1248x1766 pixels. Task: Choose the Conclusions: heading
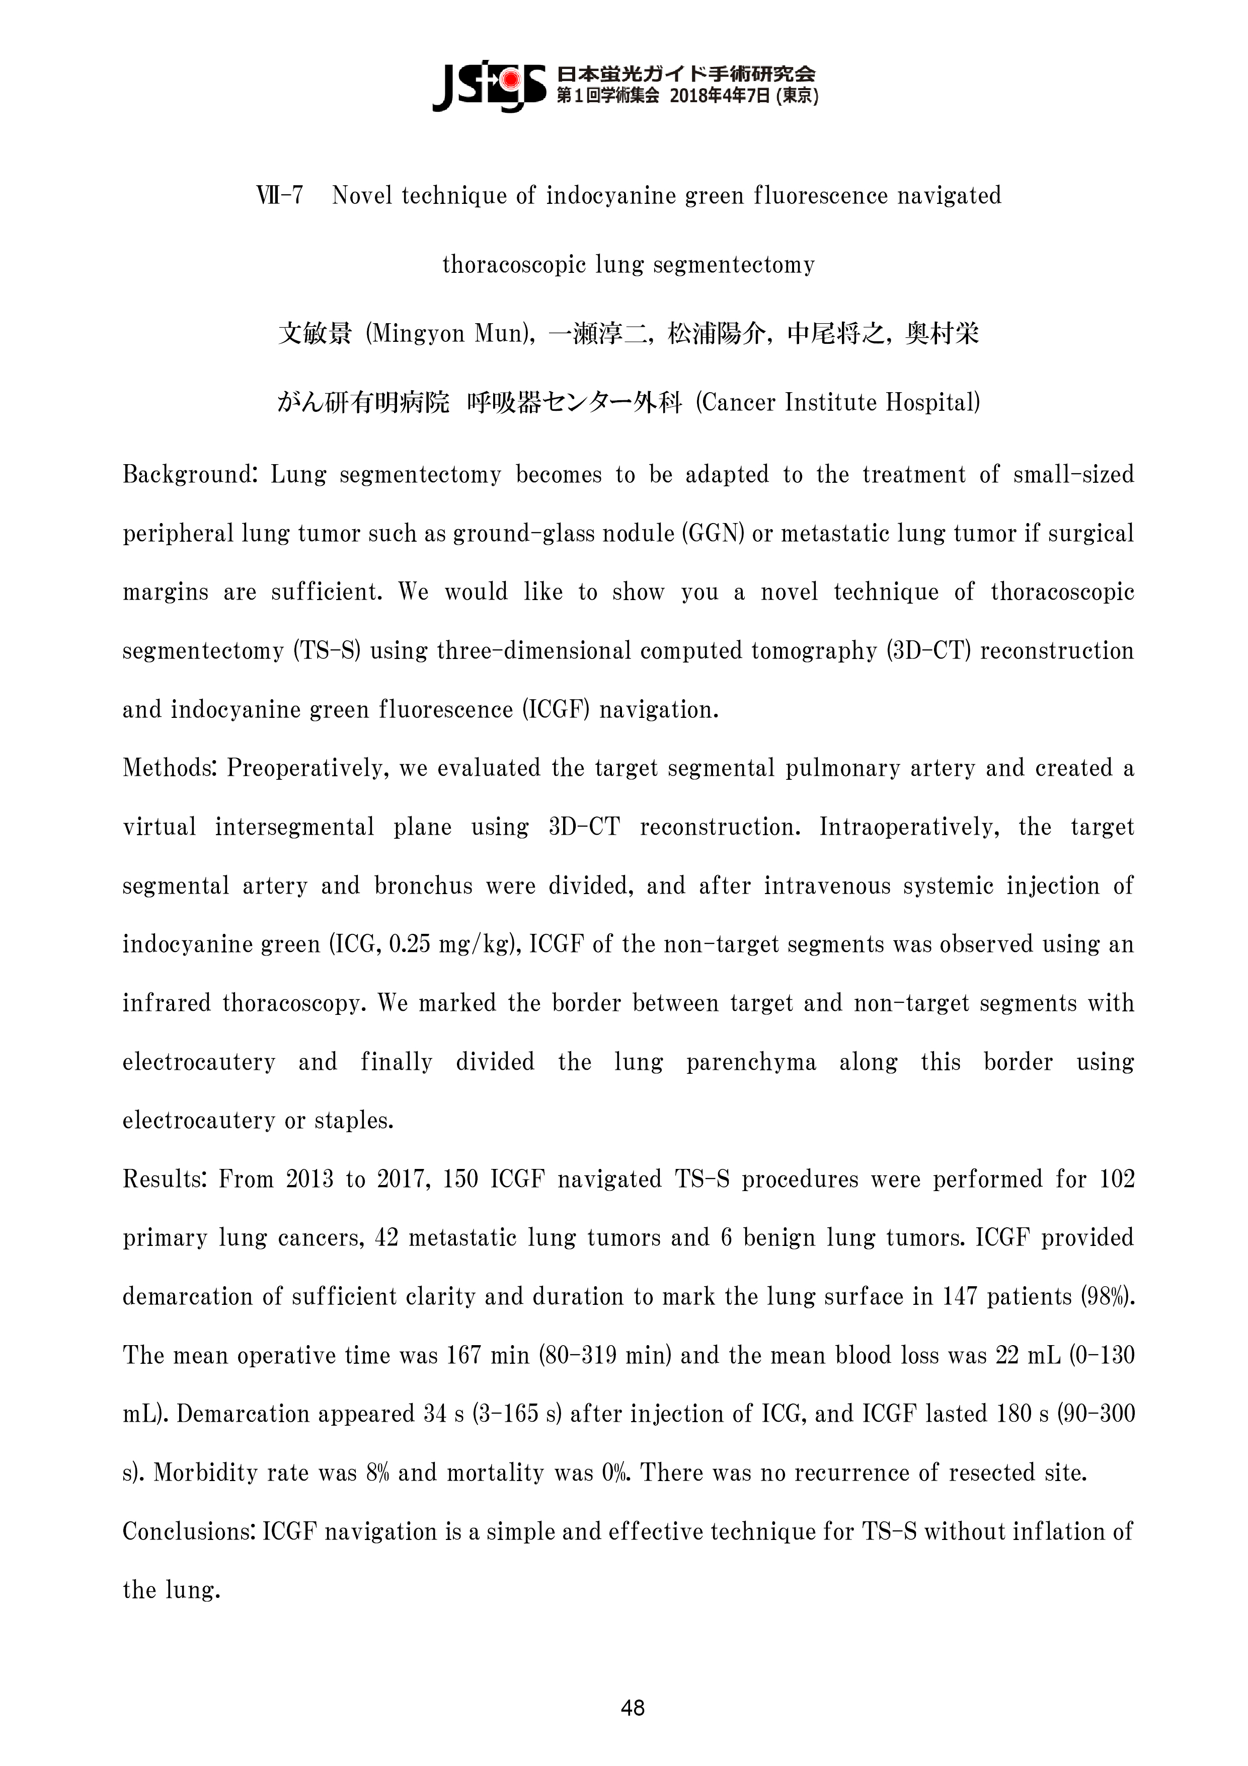pos(189,1531)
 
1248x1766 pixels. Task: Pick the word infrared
pos(166,1004)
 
